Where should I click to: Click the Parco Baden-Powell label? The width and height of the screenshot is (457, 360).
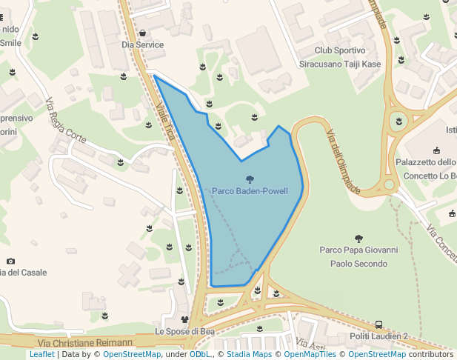tap(250, 191)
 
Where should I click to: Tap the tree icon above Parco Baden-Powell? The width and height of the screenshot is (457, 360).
tap(250, 179)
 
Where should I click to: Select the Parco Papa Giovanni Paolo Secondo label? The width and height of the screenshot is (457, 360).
tap(358, 257)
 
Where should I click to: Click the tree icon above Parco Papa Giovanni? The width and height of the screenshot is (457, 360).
tap(359, 239)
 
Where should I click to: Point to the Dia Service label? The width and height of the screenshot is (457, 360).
tap(142, 44)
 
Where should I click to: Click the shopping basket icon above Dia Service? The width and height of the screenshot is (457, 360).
tap(142, 33)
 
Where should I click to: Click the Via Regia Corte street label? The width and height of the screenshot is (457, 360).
tap(66, 120)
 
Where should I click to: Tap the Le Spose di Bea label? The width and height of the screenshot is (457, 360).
tap(184, 331)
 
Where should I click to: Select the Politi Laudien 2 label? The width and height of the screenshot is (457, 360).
tap(378, 336)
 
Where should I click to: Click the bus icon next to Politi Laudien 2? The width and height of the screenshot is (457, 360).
tap(378, 324)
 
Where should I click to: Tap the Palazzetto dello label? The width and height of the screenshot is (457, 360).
tap(426, 163)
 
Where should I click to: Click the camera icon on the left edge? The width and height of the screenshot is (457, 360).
tap(10, 261)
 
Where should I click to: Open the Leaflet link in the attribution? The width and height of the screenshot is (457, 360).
tap(41, 354)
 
